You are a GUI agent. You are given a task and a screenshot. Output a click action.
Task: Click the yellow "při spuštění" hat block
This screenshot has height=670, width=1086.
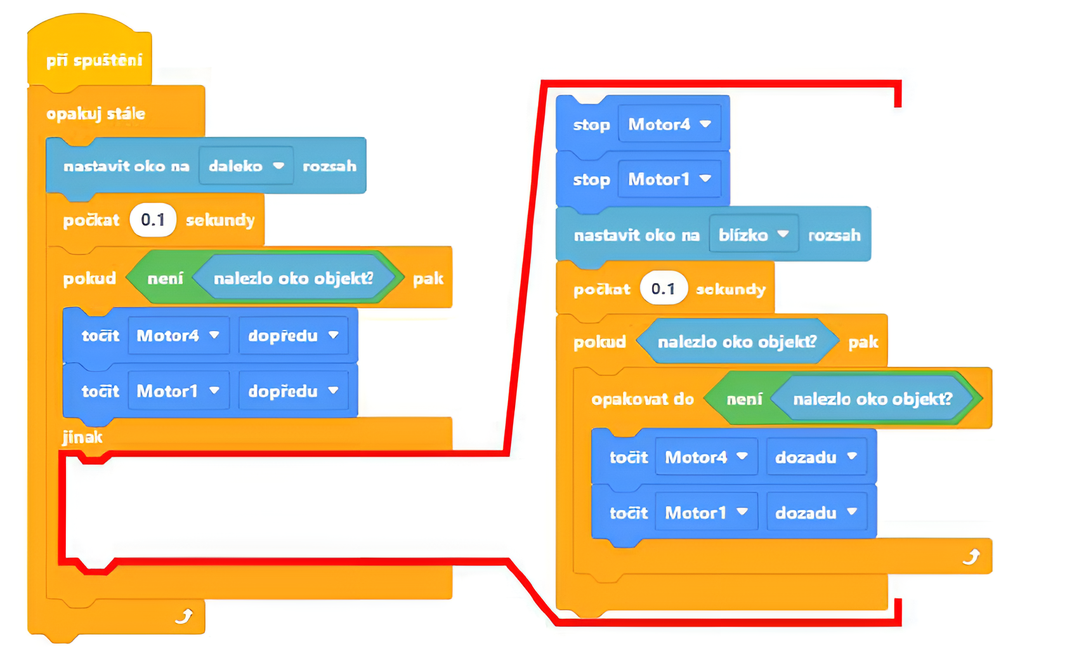[x=94, y=60]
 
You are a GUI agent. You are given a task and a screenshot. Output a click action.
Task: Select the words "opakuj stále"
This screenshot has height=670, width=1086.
[x=96, y=114]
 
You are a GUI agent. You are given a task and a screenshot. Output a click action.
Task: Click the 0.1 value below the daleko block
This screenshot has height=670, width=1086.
[x=153, y=220]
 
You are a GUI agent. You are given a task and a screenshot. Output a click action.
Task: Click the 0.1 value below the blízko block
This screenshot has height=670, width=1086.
[x=663, y=289]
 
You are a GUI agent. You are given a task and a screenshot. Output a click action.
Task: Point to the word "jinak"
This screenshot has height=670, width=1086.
[x=82, y=437]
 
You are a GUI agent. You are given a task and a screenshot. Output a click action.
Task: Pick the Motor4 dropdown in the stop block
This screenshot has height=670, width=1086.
[x=669, y=124]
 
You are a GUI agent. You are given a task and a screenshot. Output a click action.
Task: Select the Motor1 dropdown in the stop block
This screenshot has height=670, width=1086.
[x=669, y=180]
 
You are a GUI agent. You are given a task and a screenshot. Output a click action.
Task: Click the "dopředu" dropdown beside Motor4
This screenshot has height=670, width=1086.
[x=293, y=336]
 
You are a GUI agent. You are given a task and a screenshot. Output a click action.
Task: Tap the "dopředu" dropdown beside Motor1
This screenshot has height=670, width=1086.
[x=293, y=391]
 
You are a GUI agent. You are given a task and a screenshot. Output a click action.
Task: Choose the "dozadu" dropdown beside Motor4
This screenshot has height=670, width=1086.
[x=816, y=457]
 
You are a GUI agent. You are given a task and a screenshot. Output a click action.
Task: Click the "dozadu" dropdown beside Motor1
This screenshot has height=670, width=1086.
[x=816, y=513]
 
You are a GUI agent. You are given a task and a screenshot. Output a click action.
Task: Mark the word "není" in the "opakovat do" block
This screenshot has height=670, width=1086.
[x=744, y=399]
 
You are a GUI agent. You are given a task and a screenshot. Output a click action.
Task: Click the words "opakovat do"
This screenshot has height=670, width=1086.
[x=643, y=399]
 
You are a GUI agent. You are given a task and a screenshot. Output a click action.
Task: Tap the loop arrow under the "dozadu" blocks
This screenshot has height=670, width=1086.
[x=971, y=557]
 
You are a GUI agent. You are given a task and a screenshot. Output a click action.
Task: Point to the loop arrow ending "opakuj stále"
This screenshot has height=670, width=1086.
[x=184, y=616]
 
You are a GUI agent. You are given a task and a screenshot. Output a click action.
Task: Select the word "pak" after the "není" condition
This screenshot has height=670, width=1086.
[x=428, y=279]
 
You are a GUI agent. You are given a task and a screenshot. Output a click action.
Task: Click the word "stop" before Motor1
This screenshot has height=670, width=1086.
[x=591, y=180]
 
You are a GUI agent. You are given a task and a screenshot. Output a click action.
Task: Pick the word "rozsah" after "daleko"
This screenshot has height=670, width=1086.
[x=329, y=166]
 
